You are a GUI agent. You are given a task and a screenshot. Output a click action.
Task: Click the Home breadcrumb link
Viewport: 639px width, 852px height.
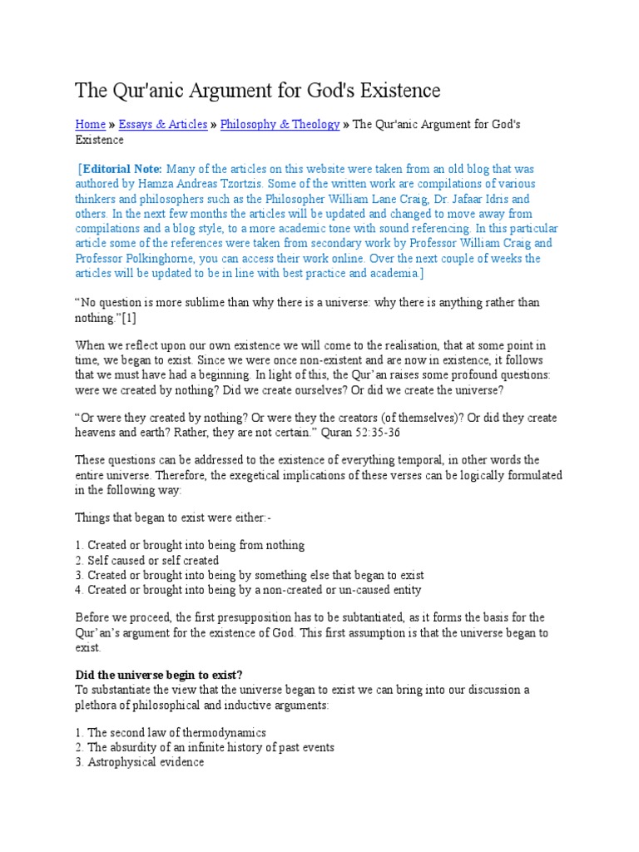point(90,124)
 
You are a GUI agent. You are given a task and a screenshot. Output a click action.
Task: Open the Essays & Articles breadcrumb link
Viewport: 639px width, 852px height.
point(163,124)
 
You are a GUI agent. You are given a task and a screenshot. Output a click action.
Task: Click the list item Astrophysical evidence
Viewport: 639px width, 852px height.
point(146,762)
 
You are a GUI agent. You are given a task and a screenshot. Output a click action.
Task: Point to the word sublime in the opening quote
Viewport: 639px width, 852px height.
point(212,304)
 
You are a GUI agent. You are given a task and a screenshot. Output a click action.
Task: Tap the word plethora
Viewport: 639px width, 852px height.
point(99,705)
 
